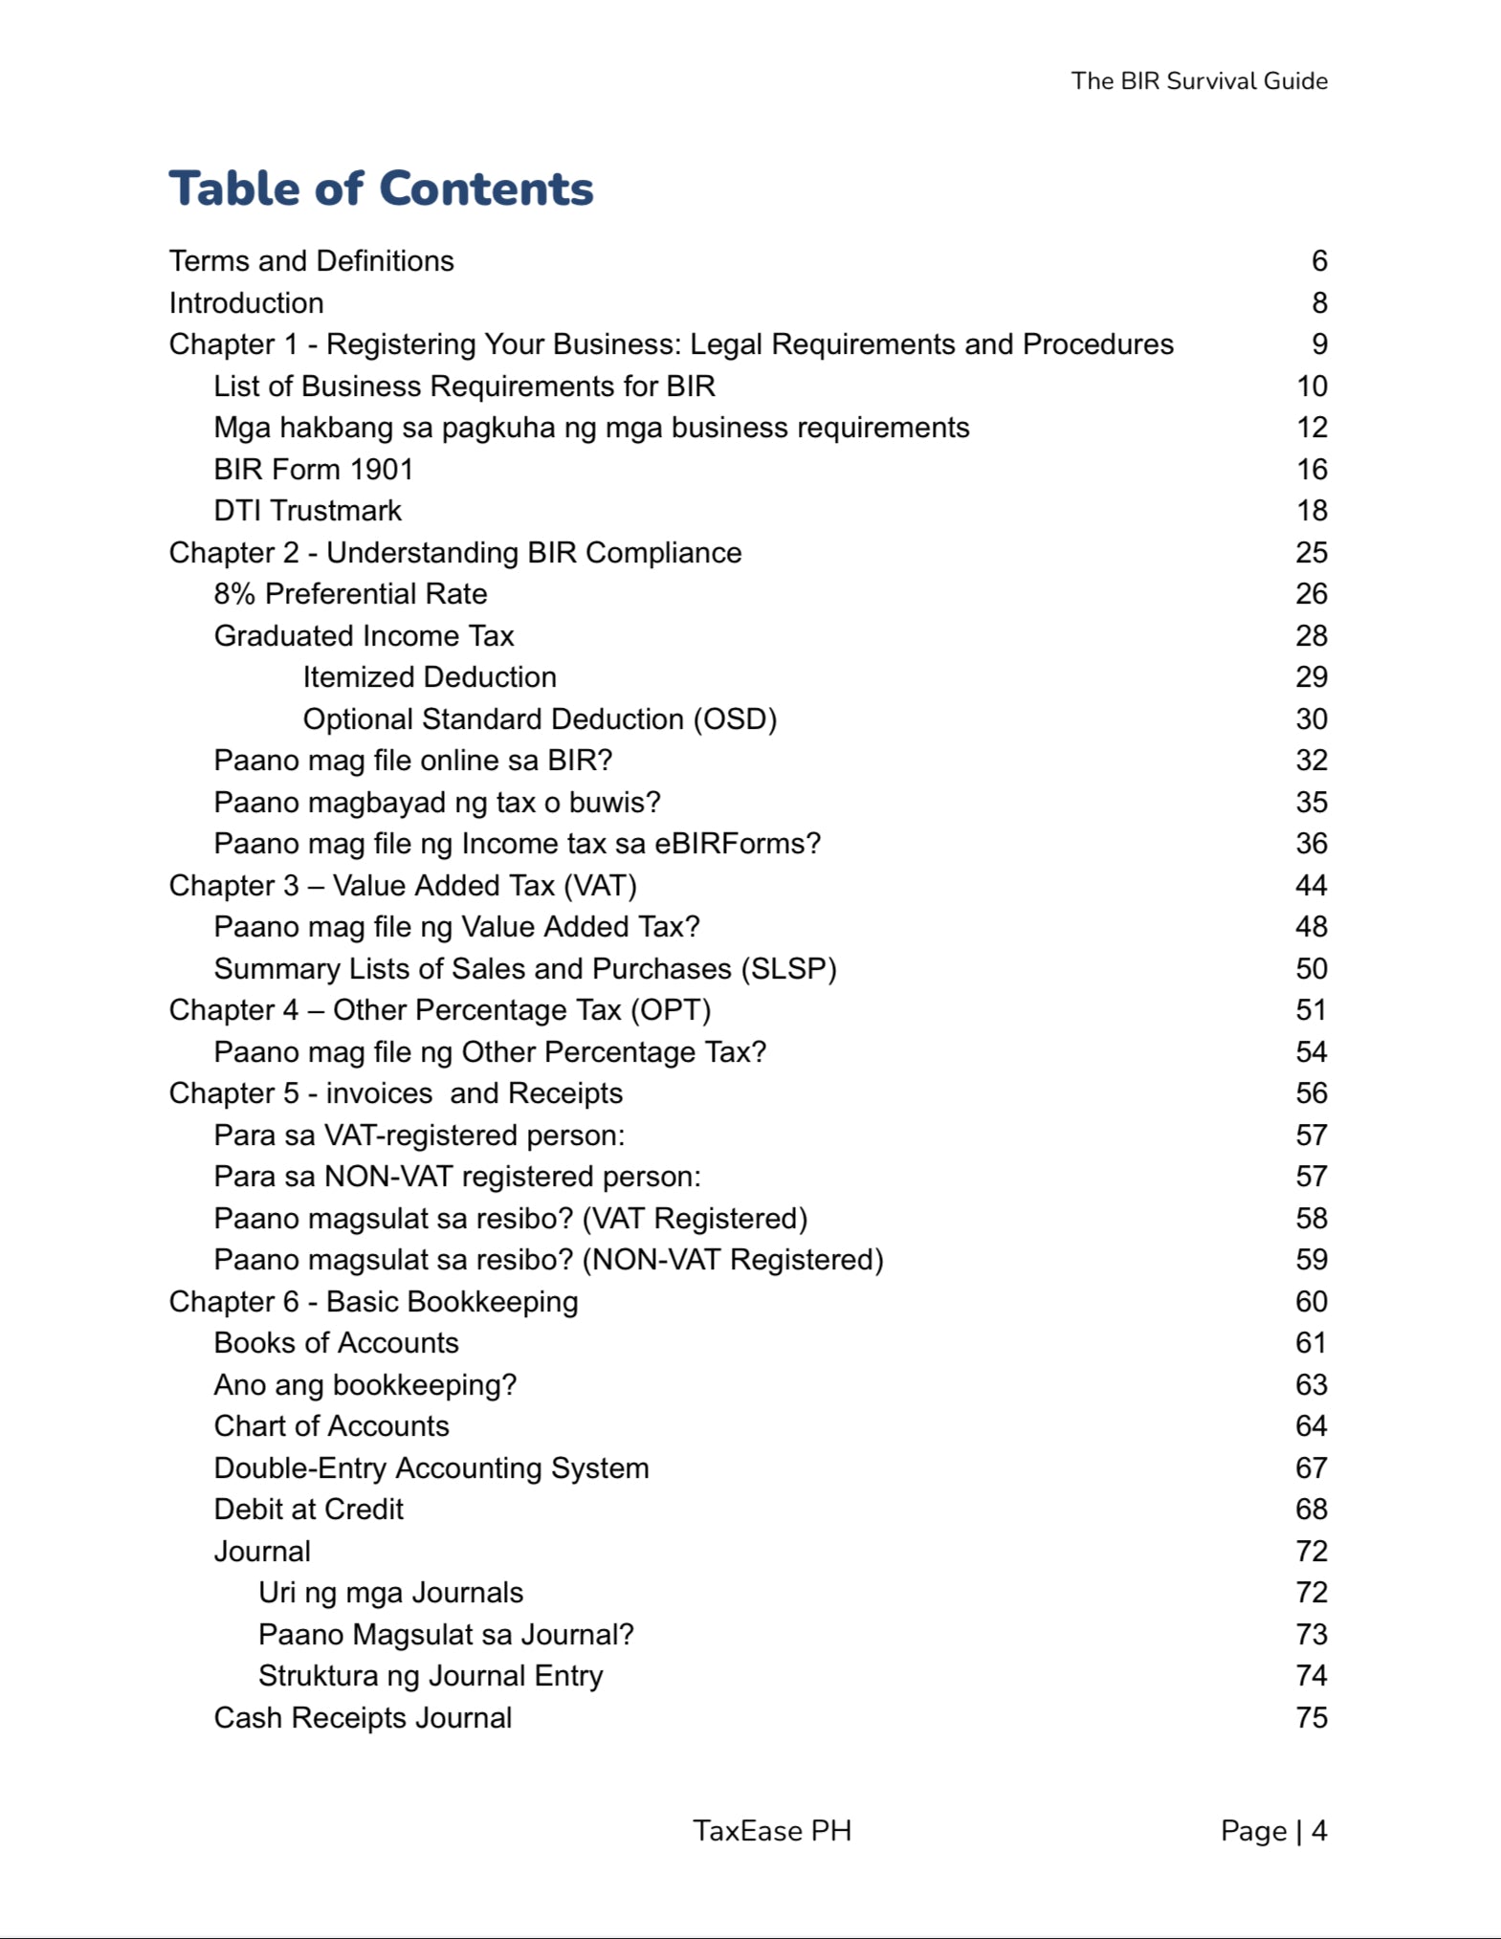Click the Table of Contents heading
pos(381,188)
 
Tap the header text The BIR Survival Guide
pos(1199,81)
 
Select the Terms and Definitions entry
pos(311,261)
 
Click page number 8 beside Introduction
pos(1319,303)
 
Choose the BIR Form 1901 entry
pos(313,470)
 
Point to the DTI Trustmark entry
pos(307,511)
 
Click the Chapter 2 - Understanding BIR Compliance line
pos(454,553)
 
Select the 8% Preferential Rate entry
pos(350,594)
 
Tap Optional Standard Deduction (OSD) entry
pos(540,719)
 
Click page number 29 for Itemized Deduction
pos(1311,677)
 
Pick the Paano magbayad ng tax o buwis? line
pos(437,803)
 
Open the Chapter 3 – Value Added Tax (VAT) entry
pos(403,886)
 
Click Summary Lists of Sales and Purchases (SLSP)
pos(525,969)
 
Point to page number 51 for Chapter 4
pos(1311,1010)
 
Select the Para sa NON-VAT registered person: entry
pos(457,1177)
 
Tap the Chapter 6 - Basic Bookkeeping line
pos(373,1302)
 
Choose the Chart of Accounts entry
pos(331,1426)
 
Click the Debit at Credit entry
pos(308,1509)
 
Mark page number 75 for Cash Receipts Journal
pos(1311,1718)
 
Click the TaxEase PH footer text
pos(771,1831)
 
